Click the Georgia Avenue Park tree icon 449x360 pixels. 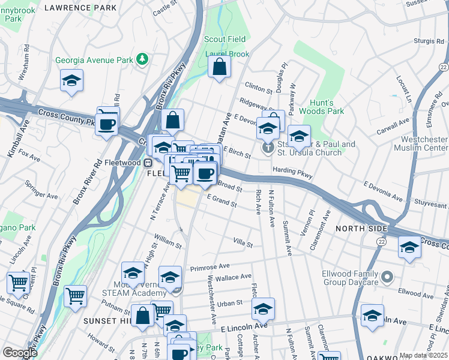point(142,59)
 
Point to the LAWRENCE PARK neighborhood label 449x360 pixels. point(80,8)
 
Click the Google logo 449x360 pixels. point(20,353)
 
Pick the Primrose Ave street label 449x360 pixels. point(208,266)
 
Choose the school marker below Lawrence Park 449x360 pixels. point(71,82)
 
